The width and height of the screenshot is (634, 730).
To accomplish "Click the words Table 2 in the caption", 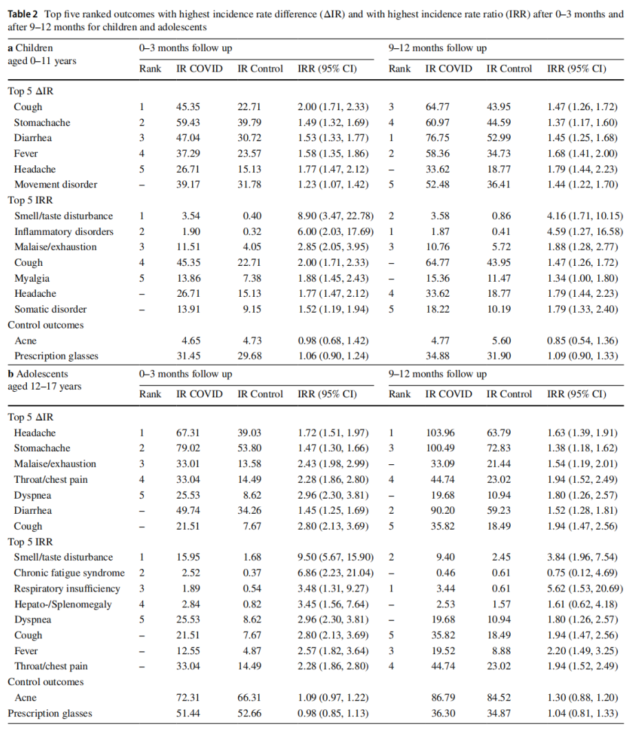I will tap(23, 14).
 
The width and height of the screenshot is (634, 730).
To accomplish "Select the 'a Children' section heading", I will tap(30, 48).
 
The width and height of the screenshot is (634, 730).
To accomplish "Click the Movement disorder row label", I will tap(55, 185).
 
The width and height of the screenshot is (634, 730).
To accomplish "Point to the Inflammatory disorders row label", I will tap(63, 231).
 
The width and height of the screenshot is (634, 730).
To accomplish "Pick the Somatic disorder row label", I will tap(50, 309).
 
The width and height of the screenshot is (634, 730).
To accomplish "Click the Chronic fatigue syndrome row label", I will tap(69, 573).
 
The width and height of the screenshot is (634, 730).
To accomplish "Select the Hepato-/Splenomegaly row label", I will tap(63, 604).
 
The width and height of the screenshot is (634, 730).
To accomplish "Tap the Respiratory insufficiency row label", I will tap(67, 589).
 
